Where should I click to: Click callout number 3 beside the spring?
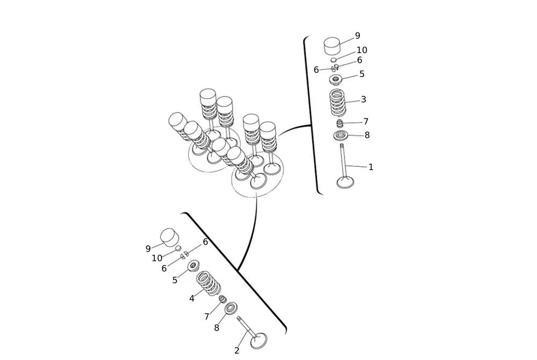tap(364, 100)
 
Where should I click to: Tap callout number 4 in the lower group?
tap(192, 298)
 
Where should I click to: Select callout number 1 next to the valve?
tap(371, 167)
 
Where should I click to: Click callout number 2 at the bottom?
tap(237, 350)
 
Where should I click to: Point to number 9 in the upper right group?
tap(357, 36)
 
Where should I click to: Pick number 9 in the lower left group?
tap(148, 249)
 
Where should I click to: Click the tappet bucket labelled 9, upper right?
tap(333, 45)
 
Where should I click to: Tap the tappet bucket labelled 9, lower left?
tap(170, 237)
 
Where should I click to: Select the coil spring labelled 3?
tap(337, 102)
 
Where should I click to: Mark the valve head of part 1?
tap(345, 182)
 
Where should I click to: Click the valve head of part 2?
tap(258, 340)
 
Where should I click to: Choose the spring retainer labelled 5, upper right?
tap(336, 80)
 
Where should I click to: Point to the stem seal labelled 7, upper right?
tap(339, 123)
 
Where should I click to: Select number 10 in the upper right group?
tap(362, 50)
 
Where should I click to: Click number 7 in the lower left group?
tap(207, 317)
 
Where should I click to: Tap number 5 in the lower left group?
tap(175, 280)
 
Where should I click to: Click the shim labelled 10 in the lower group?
tap(178, 248)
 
